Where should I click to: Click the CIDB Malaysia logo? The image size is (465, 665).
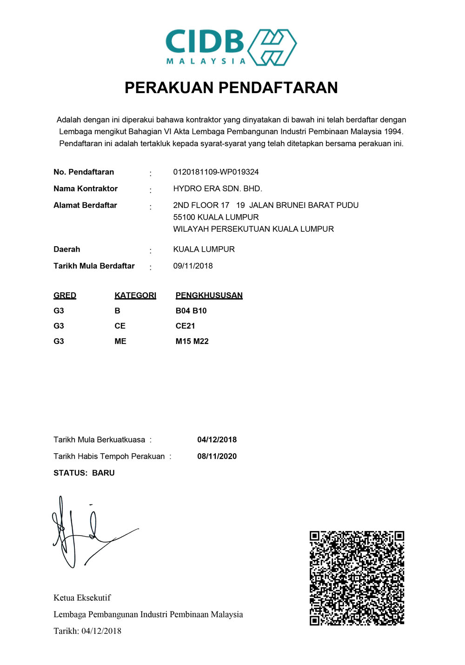tap(231, 47)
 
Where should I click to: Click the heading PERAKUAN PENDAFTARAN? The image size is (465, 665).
tap(231, 87)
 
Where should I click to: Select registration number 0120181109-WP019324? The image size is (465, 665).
tap(216, 172)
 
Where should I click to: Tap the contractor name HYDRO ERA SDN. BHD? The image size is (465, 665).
tap(218, 188)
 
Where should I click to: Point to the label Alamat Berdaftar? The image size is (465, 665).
tap(85, 205)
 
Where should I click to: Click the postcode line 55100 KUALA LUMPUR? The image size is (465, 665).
tap(216, 217)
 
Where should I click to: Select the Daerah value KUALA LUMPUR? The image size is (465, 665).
tap(204, 249)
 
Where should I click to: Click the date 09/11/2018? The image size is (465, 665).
tap(193, 266)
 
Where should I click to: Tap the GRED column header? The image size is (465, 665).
tap(65, 296)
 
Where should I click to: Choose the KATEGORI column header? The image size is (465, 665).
tap(135, 296)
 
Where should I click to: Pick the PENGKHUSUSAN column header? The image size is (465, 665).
tap(209, 296)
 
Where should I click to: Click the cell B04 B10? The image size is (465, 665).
tap(191, 311)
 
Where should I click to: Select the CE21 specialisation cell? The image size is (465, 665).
tap(185, 326)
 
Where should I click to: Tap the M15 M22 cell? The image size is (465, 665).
tap(192, 342)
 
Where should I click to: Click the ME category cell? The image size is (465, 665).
tap(120, 342)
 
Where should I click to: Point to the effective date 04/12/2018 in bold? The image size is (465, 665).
tap(217, 440)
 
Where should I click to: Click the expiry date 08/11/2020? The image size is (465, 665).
tap(217, 457)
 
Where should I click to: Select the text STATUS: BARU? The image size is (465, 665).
tap(84, 473)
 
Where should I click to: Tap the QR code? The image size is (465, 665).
tap(357, 578)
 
